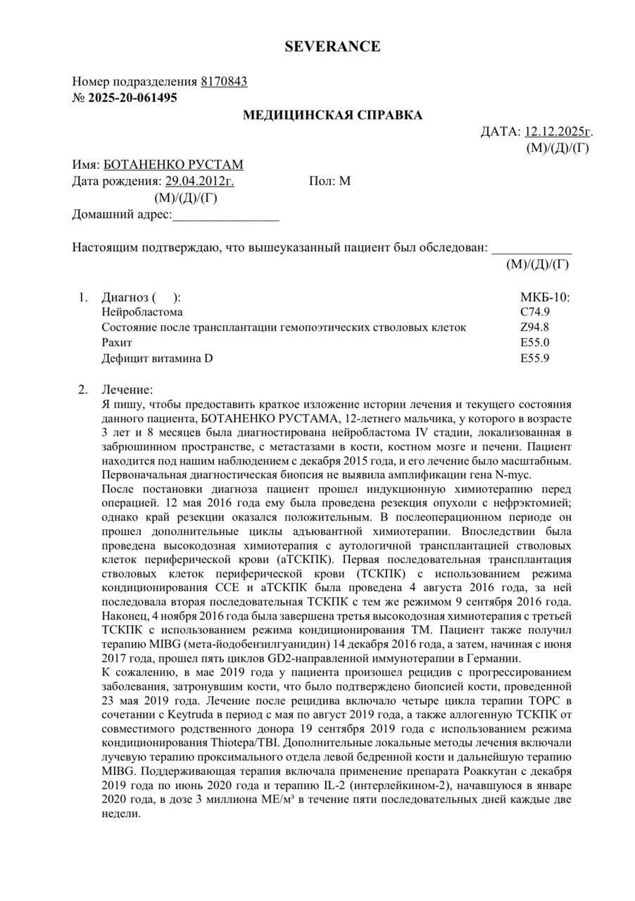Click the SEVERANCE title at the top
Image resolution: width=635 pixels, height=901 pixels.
pos(332,46)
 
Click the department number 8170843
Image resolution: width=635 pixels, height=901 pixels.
pos(224,82)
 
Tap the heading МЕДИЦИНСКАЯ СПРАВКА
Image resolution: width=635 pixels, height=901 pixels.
pos(333,115)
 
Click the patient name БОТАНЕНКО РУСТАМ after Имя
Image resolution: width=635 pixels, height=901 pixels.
pos(173,165)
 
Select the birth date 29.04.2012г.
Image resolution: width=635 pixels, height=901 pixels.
pos(200,181)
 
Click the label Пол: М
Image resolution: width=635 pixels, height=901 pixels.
pos(329,181)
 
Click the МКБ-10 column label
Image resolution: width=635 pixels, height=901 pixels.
pos(545,296)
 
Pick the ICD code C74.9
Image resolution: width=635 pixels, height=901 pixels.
pos(535,312)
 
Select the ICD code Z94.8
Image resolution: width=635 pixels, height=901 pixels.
pos(535,327)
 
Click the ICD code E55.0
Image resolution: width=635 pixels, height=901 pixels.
pos(535,343)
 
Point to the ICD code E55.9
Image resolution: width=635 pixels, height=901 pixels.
pos(535,358)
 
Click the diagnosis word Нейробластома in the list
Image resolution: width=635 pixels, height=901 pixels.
pos(142,312)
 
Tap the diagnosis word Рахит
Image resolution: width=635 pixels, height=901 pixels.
pos(117,343)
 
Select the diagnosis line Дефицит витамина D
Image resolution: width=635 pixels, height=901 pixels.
pos(157,358)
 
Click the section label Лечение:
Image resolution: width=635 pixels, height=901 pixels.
pos(127,389)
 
